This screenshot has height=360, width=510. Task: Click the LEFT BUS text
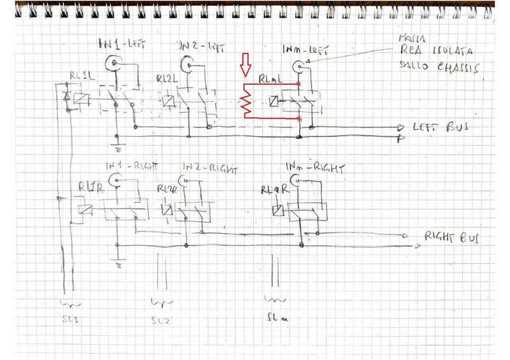(x=441, y=127)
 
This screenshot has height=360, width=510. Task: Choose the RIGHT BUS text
(x=452, y=238)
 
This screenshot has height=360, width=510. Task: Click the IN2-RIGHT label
(x=210, y=169)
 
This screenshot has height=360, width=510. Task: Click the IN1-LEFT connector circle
(x=114, y=62)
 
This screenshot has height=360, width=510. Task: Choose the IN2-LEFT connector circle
(x=188, y=63)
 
